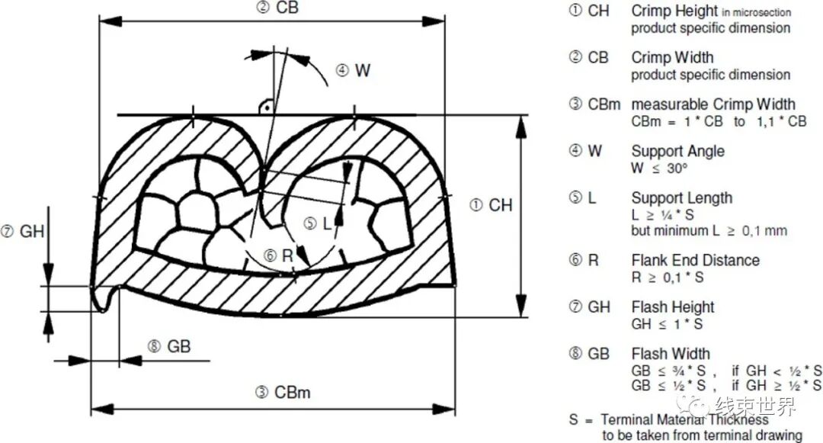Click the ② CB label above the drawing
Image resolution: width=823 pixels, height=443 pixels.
[x=277, y=8]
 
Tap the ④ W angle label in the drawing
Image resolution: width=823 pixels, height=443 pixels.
[x=354, y=70]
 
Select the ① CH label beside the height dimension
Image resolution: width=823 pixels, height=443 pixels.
[x=491, y=204]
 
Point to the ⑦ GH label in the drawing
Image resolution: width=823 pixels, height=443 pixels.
[x=23, y=231]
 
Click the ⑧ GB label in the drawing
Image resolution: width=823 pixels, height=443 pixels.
[x=169, y=346]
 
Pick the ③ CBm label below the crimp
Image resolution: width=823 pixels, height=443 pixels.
[x=283, y=392]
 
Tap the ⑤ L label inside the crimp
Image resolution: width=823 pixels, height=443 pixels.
[x=318, y=223]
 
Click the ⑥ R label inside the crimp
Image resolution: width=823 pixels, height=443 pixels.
[x=278, y=255]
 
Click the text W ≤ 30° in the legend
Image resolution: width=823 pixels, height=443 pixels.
[x=659, y=168]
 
